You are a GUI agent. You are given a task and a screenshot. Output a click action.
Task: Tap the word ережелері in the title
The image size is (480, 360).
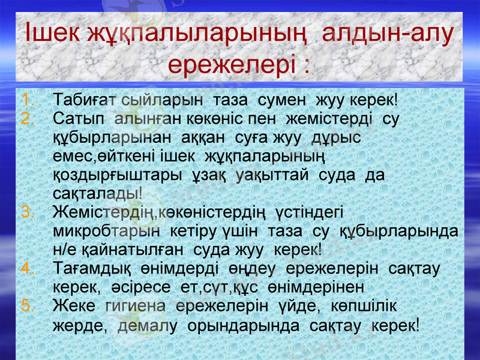pyautogui.click(x=230, y=63)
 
